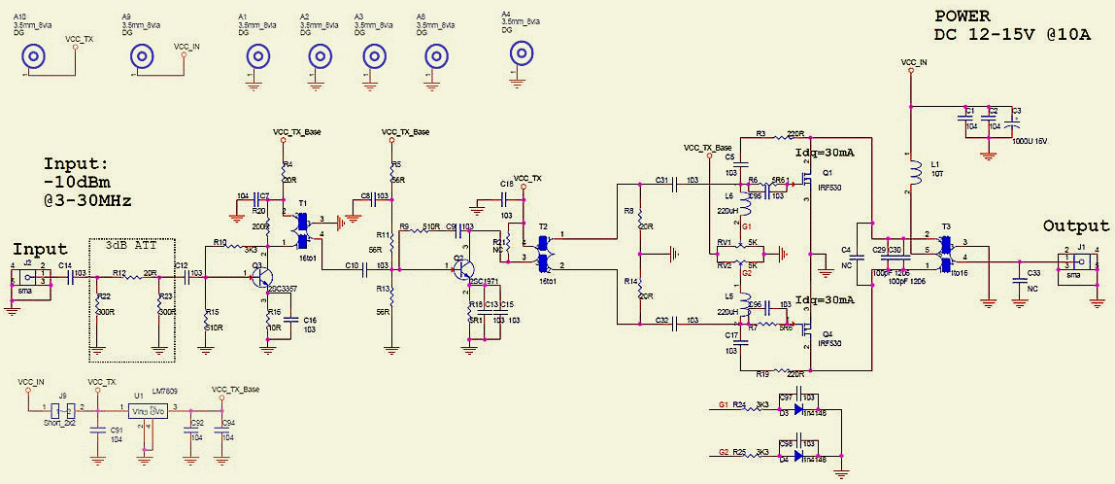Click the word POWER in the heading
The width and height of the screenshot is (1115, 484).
962,17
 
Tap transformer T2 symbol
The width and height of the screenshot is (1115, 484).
543,251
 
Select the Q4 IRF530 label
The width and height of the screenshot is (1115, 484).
832,342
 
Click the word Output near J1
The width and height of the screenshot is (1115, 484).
1075,225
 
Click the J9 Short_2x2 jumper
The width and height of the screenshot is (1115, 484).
62,408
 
